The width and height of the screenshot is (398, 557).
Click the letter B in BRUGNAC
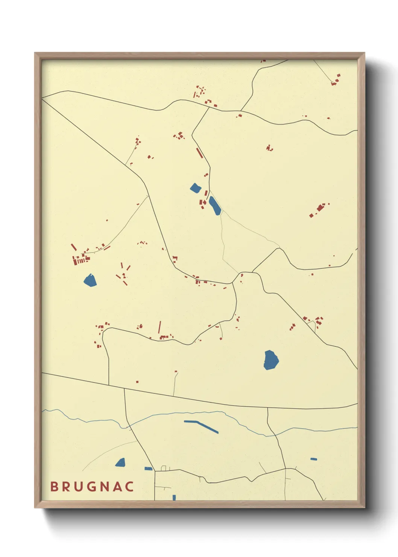(x=54, y=487)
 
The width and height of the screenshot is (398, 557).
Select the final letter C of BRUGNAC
(x=130, y=487)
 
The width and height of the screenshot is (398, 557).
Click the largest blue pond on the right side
(x=271, y=360)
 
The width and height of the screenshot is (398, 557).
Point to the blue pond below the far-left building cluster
(x=90, y=280)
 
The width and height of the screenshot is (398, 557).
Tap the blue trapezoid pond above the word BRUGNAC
(x=120, y=463)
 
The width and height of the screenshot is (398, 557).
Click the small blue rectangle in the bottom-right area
(x=314, y=459)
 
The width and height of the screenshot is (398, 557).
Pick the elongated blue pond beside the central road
(x=215, y=206)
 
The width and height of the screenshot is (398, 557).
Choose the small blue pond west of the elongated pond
(x=196, y=187)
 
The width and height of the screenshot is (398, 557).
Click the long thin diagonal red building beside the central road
(x=199, y=153)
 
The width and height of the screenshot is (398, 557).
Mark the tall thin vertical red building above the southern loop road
(x=160, y=327)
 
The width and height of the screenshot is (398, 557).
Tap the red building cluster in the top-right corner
(x=336, y=80)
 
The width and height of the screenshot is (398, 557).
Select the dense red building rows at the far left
(x=81, y=259)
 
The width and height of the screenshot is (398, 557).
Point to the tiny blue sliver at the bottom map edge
(x=174, y=498)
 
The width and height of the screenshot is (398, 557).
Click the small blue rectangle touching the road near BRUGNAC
(x=149, y=469)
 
